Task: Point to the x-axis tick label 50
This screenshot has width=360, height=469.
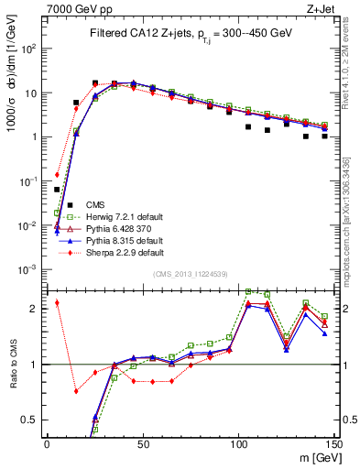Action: pos(142,444)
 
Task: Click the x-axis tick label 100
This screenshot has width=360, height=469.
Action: pos(238,444)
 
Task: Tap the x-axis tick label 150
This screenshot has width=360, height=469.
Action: pos(333,444)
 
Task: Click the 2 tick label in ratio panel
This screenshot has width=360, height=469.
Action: pos(36,309)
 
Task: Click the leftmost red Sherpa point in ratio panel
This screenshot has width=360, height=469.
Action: pos(57,302)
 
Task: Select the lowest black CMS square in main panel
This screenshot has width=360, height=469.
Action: pos(57,190)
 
